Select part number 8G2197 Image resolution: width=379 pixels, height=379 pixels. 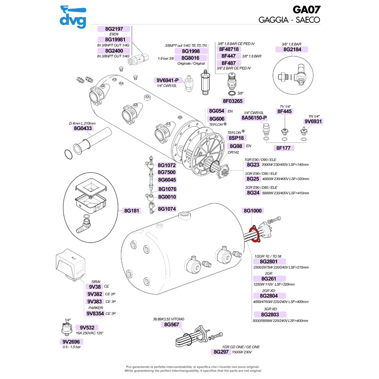coord(114,29)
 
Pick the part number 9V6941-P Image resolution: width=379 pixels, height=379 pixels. coord(168,80)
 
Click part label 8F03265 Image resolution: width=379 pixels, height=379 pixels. coord(233,101)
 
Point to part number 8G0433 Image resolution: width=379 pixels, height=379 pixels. coord(82,128)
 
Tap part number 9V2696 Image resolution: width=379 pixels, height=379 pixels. coord(72,341)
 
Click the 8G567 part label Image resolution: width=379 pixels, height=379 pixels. coord(171,325)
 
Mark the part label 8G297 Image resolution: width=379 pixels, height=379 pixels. coord(221,352)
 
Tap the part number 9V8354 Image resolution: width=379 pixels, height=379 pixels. coord(95,313)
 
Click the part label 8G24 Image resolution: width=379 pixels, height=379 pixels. coord(253,193)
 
